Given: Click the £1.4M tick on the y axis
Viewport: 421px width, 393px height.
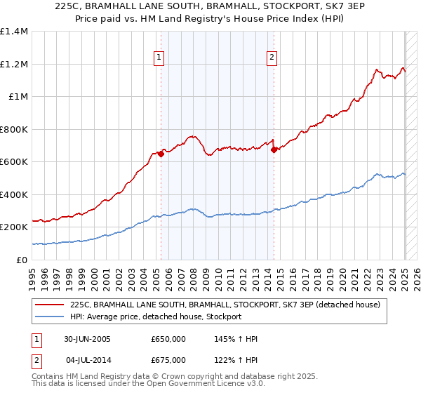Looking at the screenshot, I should [13, 32].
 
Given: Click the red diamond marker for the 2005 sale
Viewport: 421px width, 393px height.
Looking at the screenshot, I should [161, 154].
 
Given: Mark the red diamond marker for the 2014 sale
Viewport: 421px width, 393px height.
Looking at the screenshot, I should [274, 149].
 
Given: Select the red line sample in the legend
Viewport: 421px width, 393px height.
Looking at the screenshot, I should [51, 305].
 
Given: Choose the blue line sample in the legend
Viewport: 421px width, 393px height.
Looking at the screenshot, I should [51, 317].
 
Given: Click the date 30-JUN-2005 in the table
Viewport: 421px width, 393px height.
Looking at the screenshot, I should [87, 339].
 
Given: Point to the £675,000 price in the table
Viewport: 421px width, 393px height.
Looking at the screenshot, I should [168, 360].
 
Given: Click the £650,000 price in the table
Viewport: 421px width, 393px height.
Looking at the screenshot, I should [168, 339].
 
